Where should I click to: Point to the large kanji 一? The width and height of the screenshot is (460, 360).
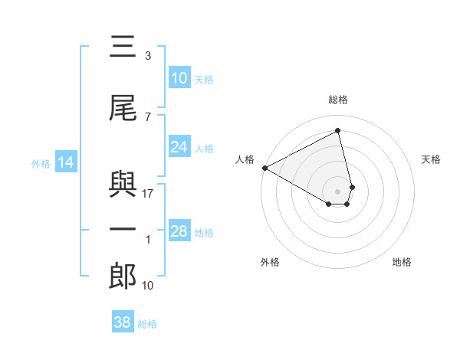click(123, 230)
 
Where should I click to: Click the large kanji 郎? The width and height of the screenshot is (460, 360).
click(123, 276)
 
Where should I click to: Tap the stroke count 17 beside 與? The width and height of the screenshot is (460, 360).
click(148, 194)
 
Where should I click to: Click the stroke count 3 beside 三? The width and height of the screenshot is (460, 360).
click(148, 56)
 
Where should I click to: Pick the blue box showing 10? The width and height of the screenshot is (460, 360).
click(179, 78)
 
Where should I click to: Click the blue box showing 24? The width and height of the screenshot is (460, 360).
click(179, 147)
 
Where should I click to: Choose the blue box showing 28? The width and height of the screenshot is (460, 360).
click(179, 231)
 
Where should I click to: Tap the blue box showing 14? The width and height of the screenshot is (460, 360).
click(65, 162)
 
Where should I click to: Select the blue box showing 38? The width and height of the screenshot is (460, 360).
click(123, 322)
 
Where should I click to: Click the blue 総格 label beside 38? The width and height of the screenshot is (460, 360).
click(147, 324)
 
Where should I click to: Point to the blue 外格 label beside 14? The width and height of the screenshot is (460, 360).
click(41, 163)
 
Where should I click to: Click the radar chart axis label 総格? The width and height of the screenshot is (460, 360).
click(338, 100)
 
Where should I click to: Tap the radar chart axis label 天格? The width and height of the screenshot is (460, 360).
click(432, 159)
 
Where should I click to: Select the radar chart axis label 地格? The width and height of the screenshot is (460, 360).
click(402, 262)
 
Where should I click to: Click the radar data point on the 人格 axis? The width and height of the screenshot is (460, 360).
click(264, 167)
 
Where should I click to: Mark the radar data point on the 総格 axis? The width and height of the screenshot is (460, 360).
click(338, 131)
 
